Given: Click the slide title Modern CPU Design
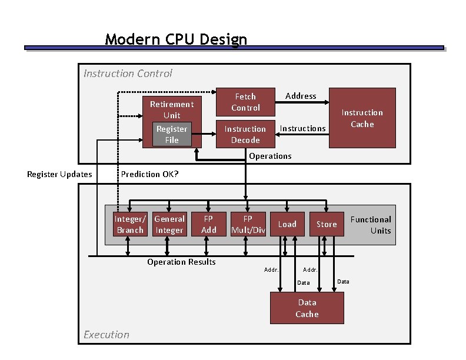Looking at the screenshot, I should (x=176, y=39).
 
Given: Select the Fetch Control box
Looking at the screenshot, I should (x=245, y=102).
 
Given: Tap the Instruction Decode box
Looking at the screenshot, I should (x=245, y=134).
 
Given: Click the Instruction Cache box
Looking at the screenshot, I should (x=362, y=118).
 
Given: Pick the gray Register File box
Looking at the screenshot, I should (x=172, y=134).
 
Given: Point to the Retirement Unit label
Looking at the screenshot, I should (x=172, y=109).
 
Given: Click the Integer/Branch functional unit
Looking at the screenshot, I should (x=129, y=224).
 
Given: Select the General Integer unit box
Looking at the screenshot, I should (x=169, y=224).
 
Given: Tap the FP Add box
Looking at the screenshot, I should (x=209, y=224).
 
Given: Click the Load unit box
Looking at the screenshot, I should (x=287, y=224).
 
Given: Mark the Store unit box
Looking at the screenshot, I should (x=327, y=224).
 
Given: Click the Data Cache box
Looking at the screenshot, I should (x=307, y=308).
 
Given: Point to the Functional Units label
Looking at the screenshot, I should (x=371, y=225).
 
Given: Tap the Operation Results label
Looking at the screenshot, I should (x=181, y=262).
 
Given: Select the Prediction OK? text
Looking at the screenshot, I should (x=149, y=174).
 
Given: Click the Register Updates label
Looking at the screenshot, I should (x=59, y=174).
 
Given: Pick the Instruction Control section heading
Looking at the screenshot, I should (x=128, y=74).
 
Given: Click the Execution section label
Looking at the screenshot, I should (x=106, y=335).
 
